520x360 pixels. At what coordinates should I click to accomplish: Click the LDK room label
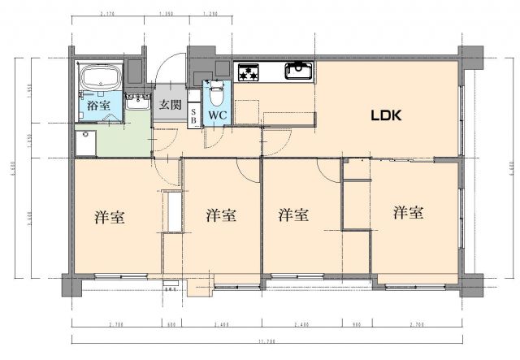(386, 116)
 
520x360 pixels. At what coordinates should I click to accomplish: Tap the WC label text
(217, 115)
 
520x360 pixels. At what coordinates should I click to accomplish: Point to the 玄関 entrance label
(170, 105)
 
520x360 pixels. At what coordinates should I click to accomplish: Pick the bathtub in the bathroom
(100, 80)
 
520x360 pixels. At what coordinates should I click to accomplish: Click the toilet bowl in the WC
(216, 93)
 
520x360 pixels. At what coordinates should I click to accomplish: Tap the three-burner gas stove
(248, 73)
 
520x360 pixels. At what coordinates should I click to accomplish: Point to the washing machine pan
(84, 144)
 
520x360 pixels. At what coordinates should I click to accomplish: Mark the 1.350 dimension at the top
(167, 14)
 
